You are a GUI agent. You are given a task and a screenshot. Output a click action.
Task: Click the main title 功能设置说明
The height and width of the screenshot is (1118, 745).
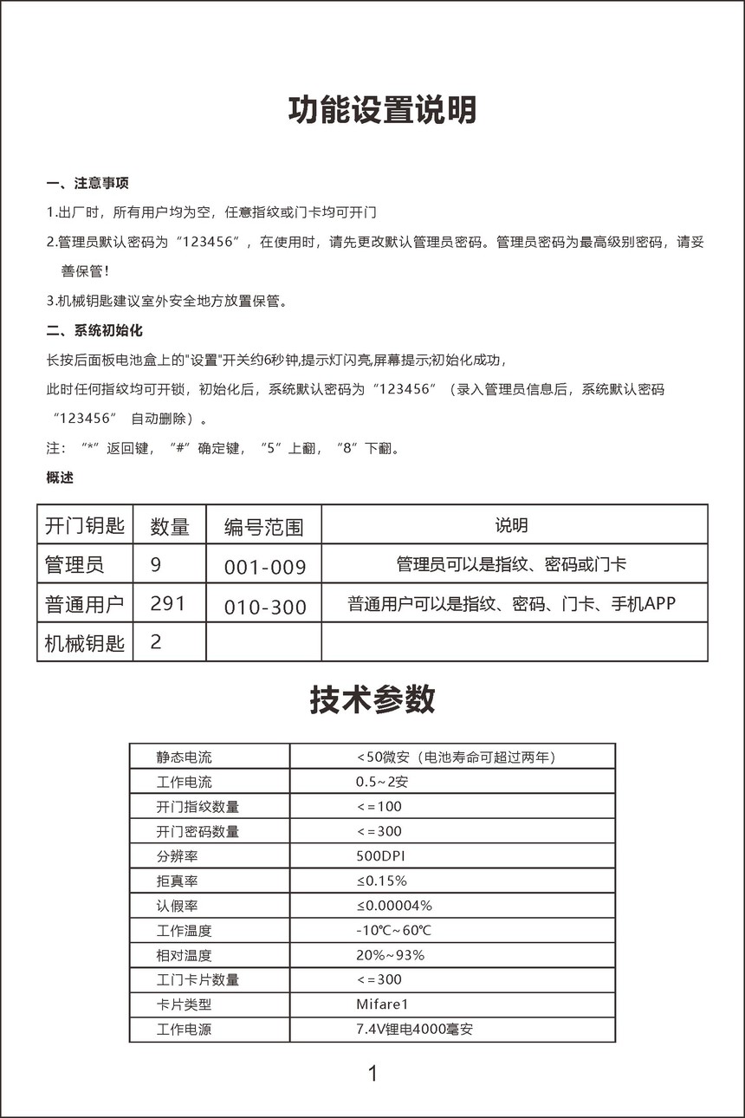382,111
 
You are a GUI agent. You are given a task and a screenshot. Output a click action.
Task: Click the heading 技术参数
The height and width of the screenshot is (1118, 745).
372,699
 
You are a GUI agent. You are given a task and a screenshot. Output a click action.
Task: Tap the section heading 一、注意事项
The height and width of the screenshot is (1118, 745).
87,183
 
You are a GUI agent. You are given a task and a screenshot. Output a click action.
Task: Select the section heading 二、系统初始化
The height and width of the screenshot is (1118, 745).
94,330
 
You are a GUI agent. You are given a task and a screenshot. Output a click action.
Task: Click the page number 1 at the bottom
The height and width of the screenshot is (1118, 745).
372,1074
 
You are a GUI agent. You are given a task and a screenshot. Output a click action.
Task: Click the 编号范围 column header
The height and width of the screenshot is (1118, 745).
263,526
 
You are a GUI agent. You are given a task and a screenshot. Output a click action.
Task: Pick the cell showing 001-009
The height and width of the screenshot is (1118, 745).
265,567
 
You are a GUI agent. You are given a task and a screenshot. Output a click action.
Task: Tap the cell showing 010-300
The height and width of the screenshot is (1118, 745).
265,607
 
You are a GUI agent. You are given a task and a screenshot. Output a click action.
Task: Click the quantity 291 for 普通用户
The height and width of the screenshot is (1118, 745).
167,603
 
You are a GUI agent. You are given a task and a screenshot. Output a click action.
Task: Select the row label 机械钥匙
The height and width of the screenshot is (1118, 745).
85,643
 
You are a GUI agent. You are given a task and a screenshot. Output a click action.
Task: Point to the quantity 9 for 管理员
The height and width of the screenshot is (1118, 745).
156,565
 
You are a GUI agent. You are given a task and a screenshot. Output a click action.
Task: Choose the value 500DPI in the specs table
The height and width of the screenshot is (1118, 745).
380,856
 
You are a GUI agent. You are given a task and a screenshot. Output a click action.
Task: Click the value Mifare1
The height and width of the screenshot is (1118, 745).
381,1004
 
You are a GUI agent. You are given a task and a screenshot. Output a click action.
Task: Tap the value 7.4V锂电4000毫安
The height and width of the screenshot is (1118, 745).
414,1030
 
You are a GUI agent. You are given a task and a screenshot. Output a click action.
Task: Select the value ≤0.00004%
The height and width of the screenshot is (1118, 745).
394,906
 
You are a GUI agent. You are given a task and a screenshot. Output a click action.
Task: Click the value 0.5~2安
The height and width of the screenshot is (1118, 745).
381,782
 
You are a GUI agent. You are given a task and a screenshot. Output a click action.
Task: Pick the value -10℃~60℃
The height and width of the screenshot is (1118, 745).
393,931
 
